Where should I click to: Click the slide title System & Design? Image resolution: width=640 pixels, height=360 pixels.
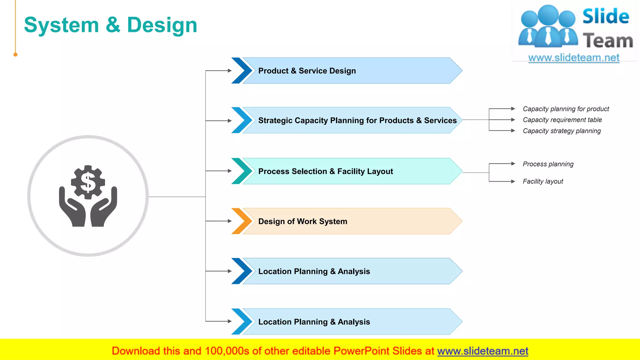(111, 25)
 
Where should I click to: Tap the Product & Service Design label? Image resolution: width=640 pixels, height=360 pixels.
(307, 71)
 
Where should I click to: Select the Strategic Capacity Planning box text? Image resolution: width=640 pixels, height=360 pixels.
(357, 121)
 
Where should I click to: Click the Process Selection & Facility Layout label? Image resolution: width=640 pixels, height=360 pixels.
(325, 172)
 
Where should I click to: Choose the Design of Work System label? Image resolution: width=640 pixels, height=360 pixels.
(302, 222)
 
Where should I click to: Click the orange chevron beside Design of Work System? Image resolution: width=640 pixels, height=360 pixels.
(242, 221)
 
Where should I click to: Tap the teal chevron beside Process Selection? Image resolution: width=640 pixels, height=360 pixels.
(242, 171)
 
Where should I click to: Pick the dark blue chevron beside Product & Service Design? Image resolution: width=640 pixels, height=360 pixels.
(242, 71)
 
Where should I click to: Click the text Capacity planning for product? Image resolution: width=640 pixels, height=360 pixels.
(566, 109)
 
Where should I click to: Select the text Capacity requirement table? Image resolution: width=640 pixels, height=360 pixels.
(562, 120)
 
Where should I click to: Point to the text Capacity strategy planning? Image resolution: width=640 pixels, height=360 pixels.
(562, 131)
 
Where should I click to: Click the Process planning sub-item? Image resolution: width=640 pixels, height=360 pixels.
(548, 164)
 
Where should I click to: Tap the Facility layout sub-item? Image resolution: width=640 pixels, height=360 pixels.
(542, 182)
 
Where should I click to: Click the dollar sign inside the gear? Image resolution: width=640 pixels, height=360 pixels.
(88, 182)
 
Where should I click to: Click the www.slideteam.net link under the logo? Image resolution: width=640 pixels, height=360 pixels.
(573, 58)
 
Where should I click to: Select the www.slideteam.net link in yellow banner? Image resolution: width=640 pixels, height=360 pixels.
(482, 351)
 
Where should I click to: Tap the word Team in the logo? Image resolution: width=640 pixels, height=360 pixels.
(607, 41)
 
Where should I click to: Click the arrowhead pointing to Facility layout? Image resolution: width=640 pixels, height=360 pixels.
(513, 182)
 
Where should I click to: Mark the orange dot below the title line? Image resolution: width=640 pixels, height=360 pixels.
(15, 55)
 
